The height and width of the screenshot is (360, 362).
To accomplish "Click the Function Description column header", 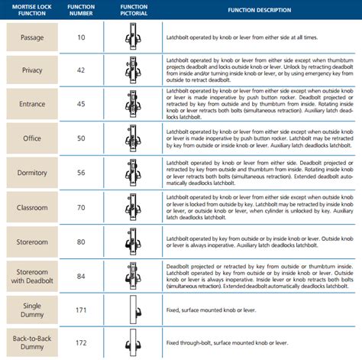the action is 259,11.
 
